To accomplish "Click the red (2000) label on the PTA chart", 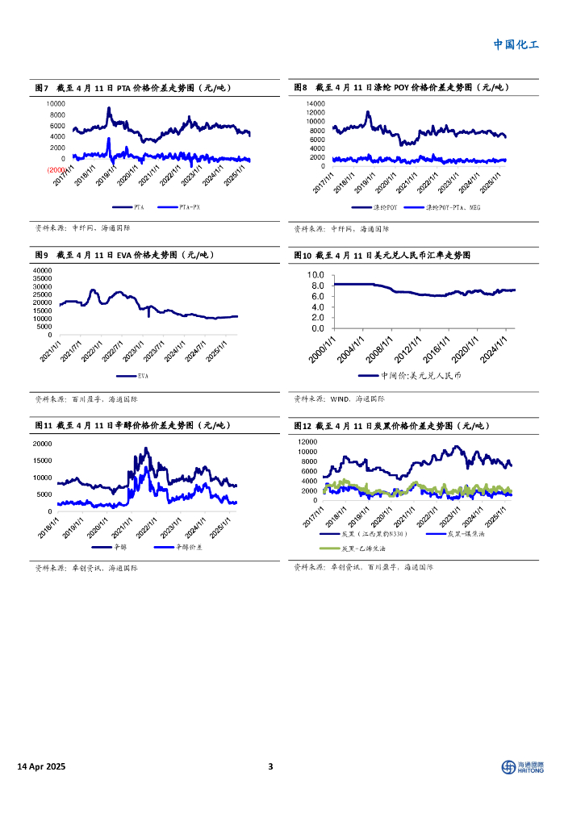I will (x=56, y=170).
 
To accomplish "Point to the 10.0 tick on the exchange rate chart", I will (x=315, y=275).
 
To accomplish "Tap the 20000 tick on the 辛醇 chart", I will (x=43, y=444).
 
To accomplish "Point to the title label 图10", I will (x=302, y=255).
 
